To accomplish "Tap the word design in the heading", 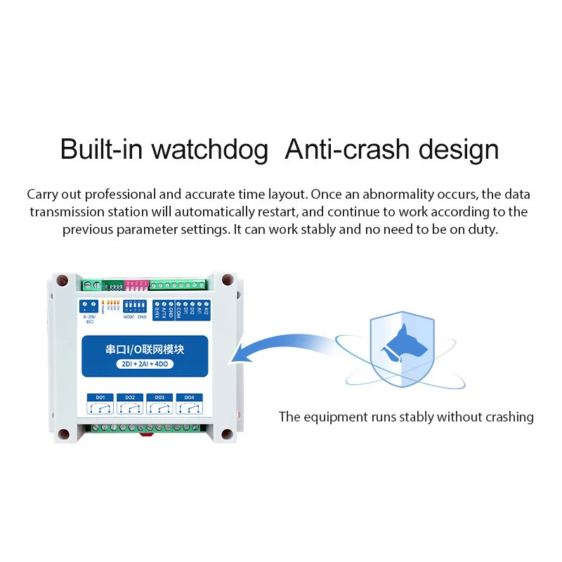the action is pyautogui.click(x=459, y=150).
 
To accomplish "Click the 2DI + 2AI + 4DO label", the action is pyautogui.click(x=145, y=362).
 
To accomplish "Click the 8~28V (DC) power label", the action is pyautogui.click(x=89, y=319).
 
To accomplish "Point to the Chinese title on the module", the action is pyautogui.click(x=145, y=348).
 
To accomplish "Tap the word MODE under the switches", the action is pyautogui.click(x=129, y=317).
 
